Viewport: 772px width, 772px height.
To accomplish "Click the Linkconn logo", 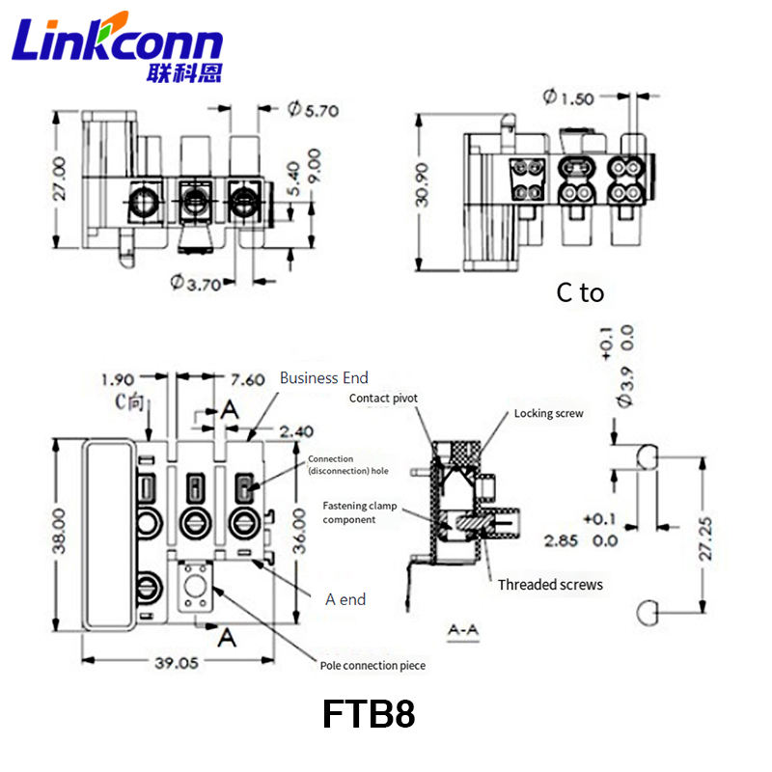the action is pyautogui.click(x=117, y=46).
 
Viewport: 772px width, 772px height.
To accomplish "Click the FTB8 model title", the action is pyautogui.click(x=369, y=714).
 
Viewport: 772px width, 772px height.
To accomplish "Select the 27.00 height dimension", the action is pyautogui.click(x=59, y=179).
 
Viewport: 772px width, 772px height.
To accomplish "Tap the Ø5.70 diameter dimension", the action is pyautogui.click(x=313, y=109).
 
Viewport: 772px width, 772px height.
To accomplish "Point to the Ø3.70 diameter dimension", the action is pyautogui.click(x=196, y=283).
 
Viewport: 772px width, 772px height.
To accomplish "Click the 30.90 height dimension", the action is pyautogui.click(x=422, y=184).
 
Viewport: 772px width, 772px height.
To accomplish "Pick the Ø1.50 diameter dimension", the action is pyautogui.click(x=568, y=97).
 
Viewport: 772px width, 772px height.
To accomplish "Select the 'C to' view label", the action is pyautogui.click(x=580, y=293).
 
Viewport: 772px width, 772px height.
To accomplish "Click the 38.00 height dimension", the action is pyautogui.click(x=59, y=532).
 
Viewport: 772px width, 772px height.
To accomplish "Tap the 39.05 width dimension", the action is pyautogui.click(x=177, y=663).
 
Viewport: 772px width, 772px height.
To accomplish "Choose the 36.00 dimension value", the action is pyautogui.click(x=299, y=532).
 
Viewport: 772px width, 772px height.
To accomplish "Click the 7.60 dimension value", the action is pyautogui.click(x=248, y=379).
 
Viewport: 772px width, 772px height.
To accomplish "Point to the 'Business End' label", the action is pyautogui.click(x=324, y=377).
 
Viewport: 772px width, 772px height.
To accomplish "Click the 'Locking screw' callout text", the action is pyautogui.click(x=548, y=413).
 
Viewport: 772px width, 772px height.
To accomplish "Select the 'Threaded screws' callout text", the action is pyautogui.click(x=550, y=585).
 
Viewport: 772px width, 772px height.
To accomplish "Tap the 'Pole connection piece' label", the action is pyautogui.click(x=372, y=665).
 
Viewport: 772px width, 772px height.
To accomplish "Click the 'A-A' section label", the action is pyautogui.click(x=463, y=630).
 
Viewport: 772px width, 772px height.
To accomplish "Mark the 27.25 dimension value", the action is pyautogui.click(x=705, y=538).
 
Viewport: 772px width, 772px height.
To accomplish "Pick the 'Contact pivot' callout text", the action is pyautogui.click(x=383, y=398).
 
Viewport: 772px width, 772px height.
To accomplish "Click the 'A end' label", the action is pyautogui.click(x=345, y=599).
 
